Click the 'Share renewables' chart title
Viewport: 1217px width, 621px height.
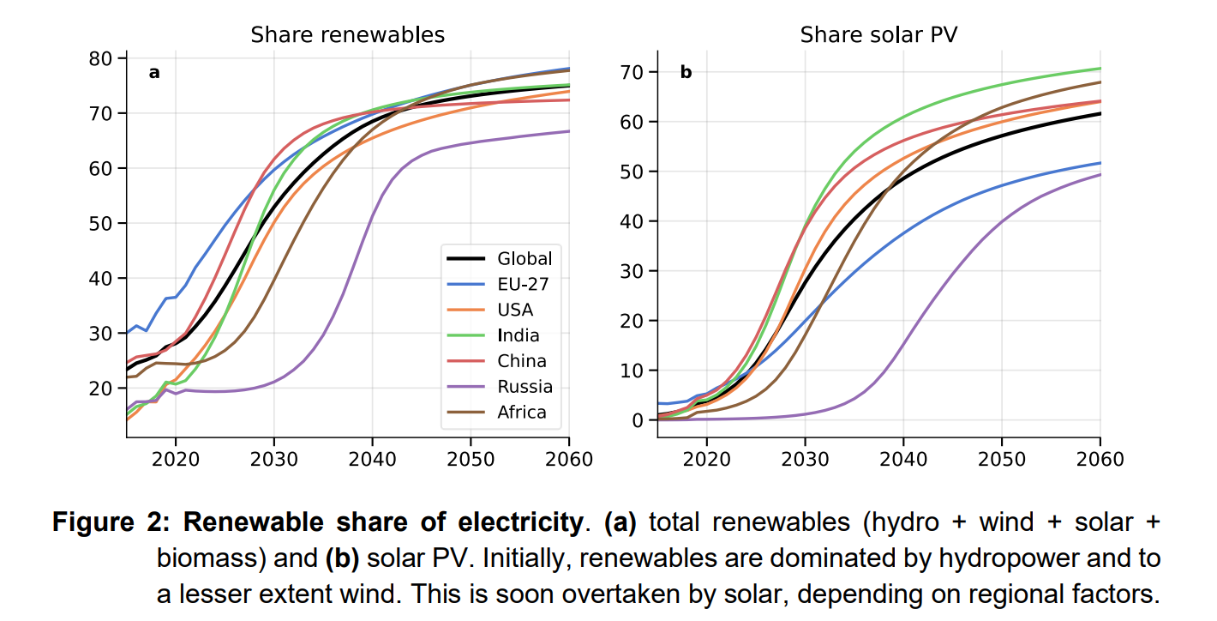point(347,35)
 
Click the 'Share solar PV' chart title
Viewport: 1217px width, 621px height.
point(878,35)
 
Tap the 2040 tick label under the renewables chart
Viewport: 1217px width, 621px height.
point(372,459)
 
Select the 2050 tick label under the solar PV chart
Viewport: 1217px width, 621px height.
point(1002,459)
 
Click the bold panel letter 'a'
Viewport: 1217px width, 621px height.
point(154,73)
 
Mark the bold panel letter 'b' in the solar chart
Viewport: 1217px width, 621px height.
point(686,73)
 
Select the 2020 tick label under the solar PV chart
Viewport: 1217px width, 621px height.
point(707,459)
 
